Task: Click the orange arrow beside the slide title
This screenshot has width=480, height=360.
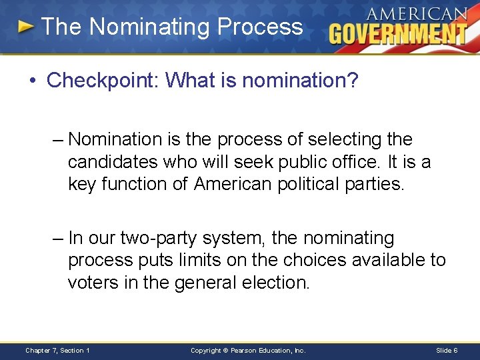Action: coord(25,27)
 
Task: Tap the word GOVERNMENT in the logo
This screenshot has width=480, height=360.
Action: coord(398,33)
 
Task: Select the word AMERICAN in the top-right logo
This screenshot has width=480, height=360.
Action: coord(416,13)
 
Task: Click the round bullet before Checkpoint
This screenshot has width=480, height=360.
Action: coord(33,81)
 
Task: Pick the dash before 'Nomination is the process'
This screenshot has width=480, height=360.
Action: coord(58,140)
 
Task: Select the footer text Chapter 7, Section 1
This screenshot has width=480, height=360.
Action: coord(57,350)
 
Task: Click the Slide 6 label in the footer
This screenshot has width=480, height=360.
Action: coord(446,350)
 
